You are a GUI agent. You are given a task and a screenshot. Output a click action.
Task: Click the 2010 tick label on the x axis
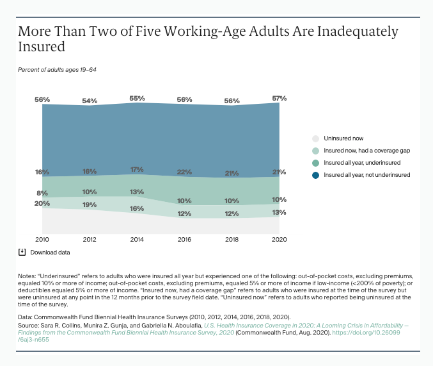pyautogui.click(x=42, y=240)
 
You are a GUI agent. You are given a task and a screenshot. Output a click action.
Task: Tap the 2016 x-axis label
pyautogui.click(x=184, y=240)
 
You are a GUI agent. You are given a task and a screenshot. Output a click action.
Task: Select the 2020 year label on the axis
pyautogui.click(x=279, y=240)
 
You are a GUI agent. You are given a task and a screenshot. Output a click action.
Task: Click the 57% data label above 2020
pyautogui.click(x=279, y=98)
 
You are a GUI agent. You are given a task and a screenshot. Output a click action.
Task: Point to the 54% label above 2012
pyautogui.click(x=90, y=101)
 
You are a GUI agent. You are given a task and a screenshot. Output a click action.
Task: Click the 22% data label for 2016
pyautogui.click(x=184, y=172)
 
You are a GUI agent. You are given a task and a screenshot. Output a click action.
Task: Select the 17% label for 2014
pyautogui.click(x=137, y=169)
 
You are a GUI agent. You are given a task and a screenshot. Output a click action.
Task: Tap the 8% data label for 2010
pyautogui.click(x=42, y=193)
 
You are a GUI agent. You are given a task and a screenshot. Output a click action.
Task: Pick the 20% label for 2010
pyautogui.click(x=42, y=203)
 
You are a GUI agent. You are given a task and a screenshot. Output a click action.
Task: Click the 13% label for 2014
pyautogui.click(x=137, y=192)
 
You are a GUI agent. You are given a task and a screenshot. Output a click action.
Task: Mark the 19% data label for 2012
pyautogui.click(x=90, y=205)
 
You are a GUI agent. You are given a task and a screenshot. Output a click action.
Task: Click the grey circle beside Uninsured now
pyautogui.click(x=315, y=138)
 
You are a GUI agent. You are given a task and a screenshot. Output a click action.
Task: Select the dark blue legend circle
pyautogui.click(x=315, y=175)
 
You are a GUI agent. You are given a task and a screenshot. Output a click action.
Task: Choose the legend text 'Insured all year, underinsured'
pyautogui.click(x=362, y=163)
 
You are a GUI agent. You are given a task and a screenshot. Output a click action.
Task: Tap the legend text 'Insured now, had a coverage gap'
pyautogui.click(x=366, y=151)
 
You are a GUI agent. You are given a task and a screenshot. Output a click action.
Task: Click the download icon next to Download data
pyautogui.click(x=22, y=252)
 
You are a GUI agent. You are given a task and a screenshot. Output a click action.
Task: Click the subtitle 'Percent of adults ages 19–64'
pyautogui.click(x=57, y=70)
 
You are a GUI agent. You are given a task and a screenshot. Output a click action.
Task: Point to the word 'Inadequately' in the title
pyautogui.click(x=358, y=32)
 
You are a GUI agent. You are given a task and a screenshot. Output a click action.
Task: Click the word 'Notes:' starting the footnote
pyautogui.click(x=27, y=276)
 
